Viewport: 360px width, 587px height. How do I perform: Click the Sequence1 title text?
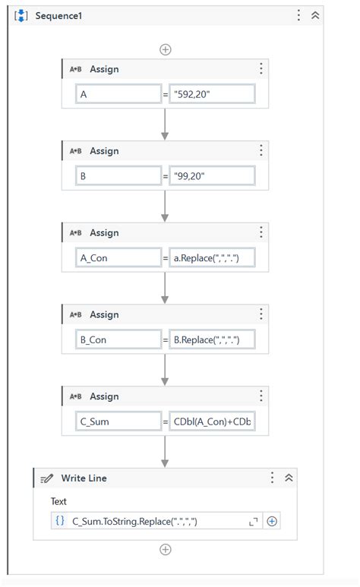(x=59, y=16)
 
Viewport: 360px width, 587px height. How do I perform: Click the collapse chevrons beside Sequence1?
(x=315, y=15)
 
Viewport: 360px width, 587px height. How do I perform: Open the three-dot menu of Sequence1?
(x=298, y=15)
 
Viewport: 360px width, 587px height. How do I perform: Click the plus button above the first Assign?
(x=165, y=49)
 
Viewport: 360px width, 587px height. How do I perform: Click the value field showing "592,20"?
(x=212, y=94)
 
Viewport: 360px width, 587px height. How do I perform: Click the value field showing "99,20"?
(x=212, y=176)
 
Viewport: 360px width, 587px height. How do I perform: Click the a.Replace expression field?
(x=212, y=258)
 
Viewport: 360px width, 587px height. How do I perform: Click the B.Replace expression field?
(x=212, y=340)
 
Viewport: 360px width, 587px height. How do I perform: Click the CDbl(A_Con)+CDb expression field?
(x=212, y=422)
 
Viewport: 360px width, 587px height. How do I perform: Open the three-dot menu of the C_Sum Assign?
(x=261, y=396)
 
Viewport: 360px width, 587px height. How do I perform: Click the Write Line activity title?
(x=84, y=478)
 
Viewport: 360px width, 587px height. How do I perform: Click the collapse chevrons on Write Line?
(x=289, y=478)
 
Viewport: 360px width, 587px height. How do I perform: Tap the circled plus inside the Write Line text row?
(x=272, y=521)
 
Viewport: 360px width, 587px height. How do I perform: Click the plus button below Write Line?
(x=165, y=549)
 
